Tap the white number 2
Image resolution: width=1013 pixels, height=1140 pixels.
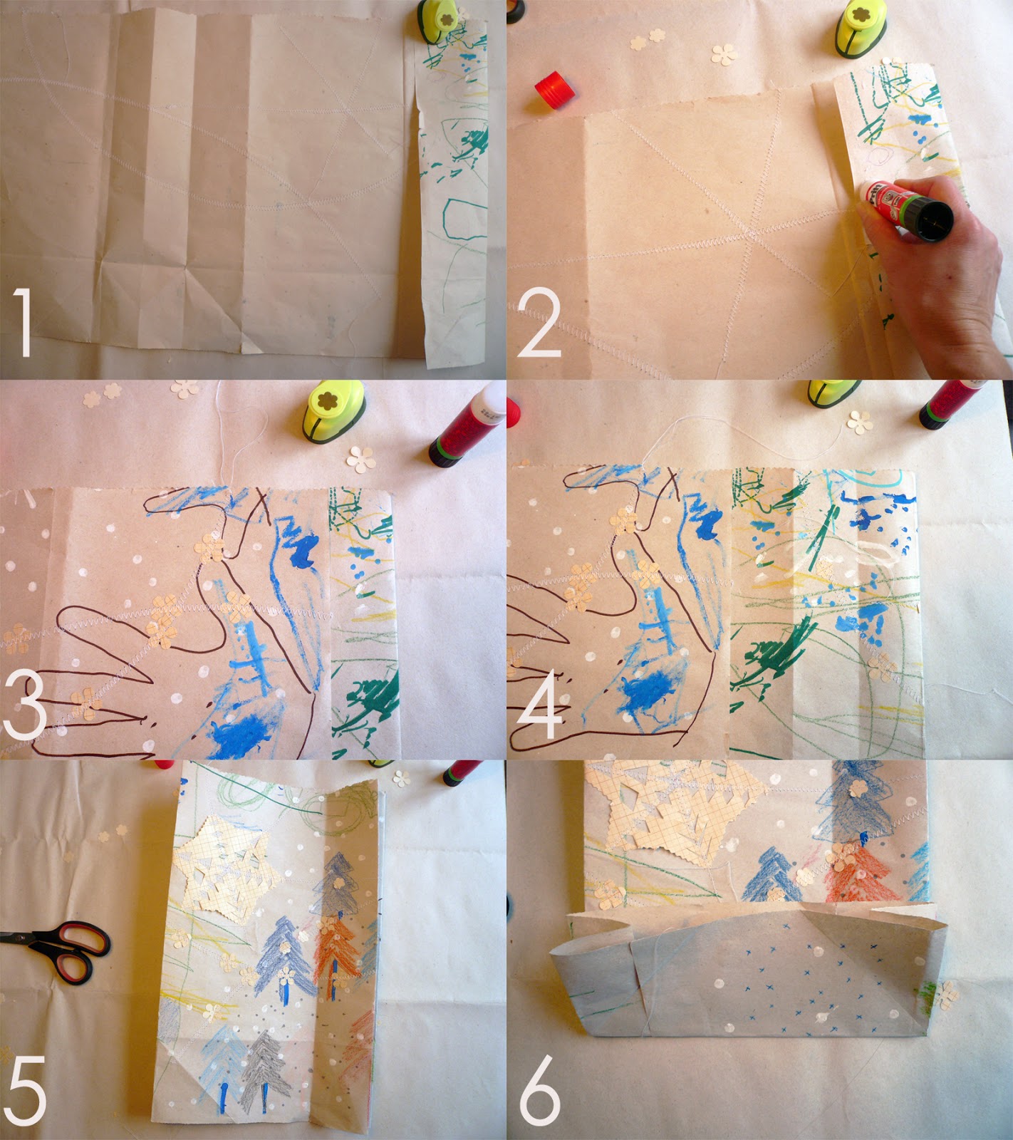pos(539,324)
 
